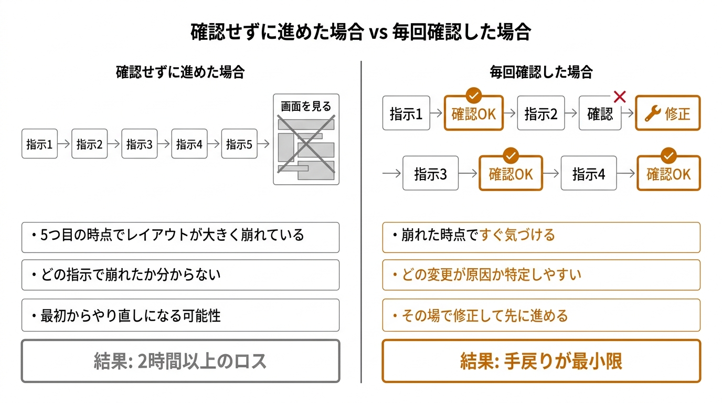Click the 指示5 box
click(239, 144)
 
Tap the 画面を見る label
click(306, 107)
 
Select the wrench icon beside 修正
click(652, 113)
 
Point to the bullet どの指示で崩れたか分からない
click(180, 274)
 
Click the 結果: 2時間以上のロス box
click(180, 361)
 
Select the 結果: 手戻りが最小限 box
click(541, 361)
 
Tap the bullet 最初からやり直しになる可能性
click(180, 315)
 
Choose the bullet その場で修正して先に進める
click(541, 315)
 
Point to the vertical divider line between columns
click(361, 220)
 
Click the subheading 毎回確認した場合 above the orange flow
click(541, 72)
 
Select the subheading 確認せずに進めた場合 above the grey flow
click(180, 72)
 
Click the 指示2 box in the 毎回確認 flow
click(540, 113)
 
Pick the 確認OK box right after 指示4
click(668, 174)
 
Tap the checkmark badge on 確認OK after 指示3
click(511, 155)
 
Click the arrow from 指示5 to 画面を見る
click(265, 144)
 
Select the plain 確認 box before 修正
click(600, 113)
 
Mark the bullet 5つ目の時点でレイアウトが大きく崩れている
click(180, 235)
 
